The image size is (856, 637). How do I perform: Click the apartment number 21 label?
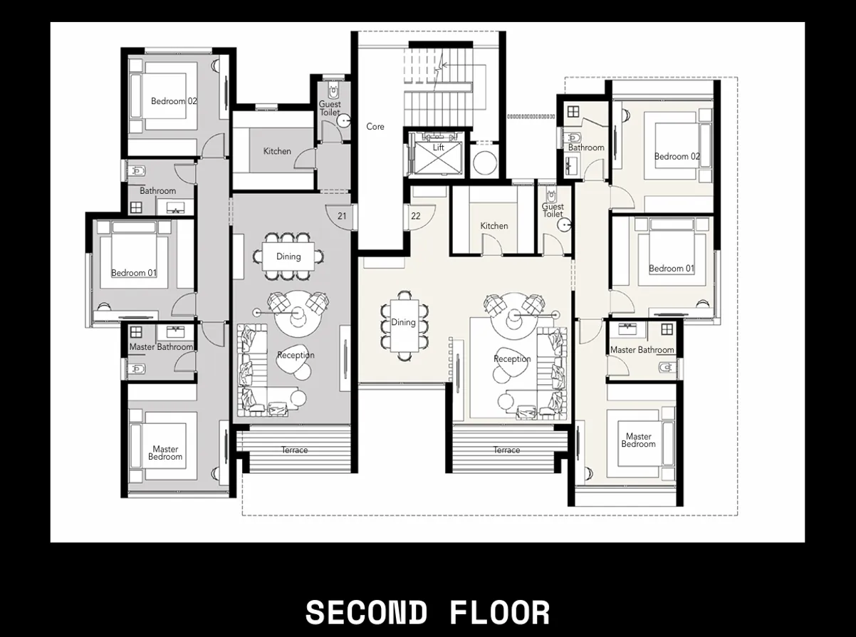click(x=342, y=216)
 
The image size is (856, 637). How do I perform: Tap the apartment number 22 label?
click(x=416, y=216)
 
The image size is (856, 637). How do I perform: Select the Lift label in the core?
click(x=439, y=147)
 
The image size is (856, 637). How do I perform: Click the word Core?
click(x=375, y=127)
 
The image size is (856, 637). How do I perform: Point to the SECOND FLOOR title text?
click(x=427, y=613)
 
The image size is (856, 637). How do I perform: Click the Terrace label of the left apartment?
click(x=294, y=450)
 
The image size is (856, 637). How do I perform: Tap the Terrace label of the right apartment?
click(x=506, y=450)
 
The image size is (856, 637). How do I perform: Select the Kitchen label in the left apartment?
click(x=277, y=151)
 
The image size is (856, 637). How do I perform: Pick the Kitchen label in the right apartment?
click(x=494, y=226)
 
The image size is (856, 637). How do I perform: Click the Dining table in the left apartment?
click(x=288, y=257)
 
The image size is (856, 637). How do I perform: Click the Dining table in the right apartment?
click(x=404, y=323)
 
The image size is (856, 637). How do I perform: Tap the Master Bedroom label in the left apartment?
click(x=165, y=453)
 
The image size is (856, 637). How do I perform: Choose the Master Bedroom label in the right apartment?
click(x=638, y=440)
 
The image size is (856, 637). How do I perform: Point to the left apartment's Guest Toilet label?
click(x=329, y=108)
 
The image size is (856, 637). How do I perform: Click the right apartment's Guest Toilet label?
click(x=553, y=211)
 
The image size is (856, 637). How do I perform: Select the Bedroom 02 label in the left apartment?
click(x=174, y=101)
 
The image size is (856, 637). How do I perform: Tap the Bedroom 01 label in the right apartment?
click(x=671, y=269)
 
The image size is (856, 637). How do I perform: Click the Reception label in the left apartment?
click(x=296, y=356)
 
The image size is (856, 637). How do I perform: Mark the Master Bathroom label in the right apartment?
click(x=642, y=350)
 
